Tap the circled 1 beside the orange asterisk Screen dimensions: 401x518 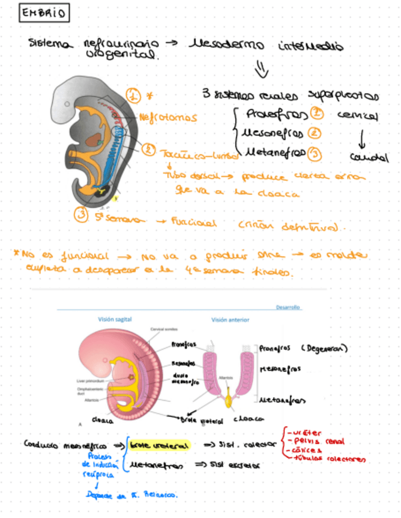click(x=133, y=95)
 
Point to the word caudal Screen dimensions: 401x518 click(x=369, y=157)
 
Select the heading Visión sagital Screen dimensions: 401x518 click(x=116, y=319)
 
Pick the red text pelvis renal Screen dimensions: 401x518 click(x=318, y=441)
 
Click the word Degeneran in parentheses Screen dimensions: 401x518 click(x=324, y=349)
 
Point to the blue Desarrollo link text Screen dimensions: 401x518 click(x=289, y=307)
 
